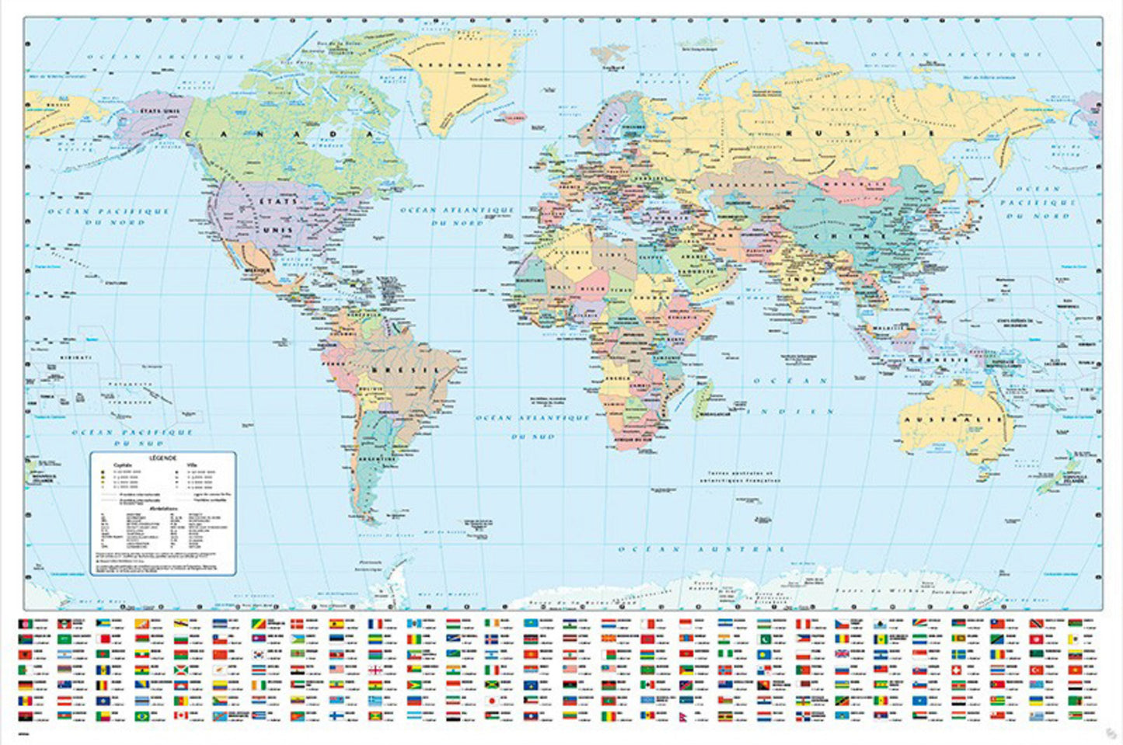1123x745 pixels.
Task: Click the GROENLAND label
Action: click(x=452, y=65)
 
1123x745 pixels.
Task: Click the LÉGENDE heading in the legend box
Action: click(x=164, y=459)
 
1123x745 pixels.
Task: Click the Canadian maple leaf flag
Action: click(x=181, y=715)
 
